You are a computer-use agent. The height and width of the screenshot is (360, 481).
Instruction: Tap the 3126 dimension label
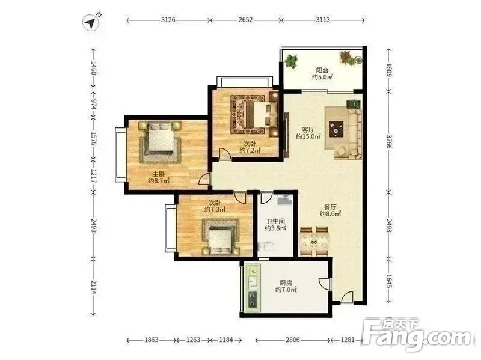pyautogui.click(x=168, y=20)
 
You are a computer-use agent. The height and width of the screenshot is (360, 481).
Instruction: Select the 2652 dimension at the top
pyautogui.click(x=245, y=20)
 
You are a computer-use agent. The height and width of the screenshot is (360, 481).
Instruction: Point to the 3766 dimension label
pyautogui.click(x=388, y=141)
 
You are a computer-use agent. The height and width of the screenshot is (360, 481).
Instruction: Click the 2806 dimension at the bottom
pyautogui.click(x=293, y=340)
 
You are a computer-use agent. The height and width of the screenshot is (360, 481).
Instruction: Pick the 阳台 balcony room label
pyautogui.click(x=322, y=70)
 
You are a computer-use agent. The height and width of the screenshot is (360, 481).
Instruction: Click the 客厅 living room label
pyautogui.click(x=308, y=129)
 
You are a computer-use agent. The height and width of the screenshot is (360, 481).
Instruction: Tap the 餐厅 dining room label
pyautogui.click(x=330, y=207)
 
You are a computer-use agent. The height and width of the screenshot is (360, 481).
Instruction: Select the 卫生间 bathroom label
pyautogui.click(x=275, y=221)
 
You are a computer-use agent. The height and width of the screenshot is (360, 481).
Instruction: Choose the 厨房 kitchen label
pyautogui.click(x=286, y=282)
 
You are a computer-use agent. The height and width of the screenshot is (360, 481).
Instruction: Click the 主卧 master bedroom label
pyautogui.click(x=159, y=174)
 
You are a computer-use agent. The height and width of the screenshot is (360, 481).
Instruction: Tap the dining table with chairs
pyautogui.click(x=314, y=241)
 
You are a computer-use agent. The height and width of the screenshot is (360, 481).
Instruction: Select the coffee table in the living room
pyautogui.click(x=337, y=129)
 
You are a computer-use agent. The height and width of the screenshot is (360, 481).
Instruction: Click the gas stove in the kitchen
pyautogui.click(x=253, y=299)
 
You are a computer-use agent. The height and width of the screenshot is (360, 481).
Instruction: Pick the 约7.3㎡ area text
pyautogui.click(x=215, y=209)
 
